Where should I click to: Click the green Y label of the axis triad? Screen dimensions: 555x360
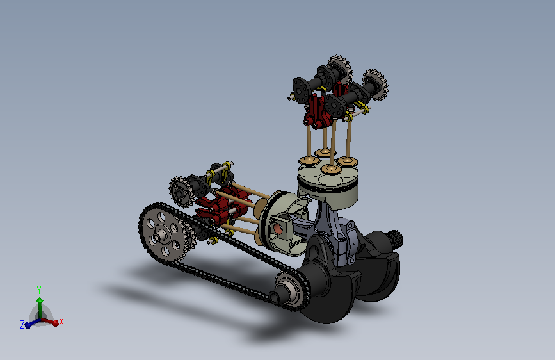pyautogui.click(x=39, y=290)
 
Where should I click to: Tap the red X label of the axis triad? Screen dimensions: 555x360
pyautogui.click(x=61, y=322)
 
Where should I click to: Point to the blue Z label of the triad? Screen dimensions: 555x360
pyautogui.click(x=22, y=325)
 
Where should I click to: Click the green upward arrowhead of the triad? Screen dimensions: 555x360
pyautogui.click(x=40, y=300)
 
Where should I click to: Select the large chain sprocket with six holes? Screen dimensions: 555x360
pyautogui.click(x=163, y=234)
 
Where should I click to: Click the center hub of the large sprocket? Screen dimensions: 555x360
pyautogui.click(x=163, y=234)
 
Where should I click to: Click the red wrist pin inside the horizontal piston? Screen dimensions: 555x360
pyautogui.click(x=278, y=229)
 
